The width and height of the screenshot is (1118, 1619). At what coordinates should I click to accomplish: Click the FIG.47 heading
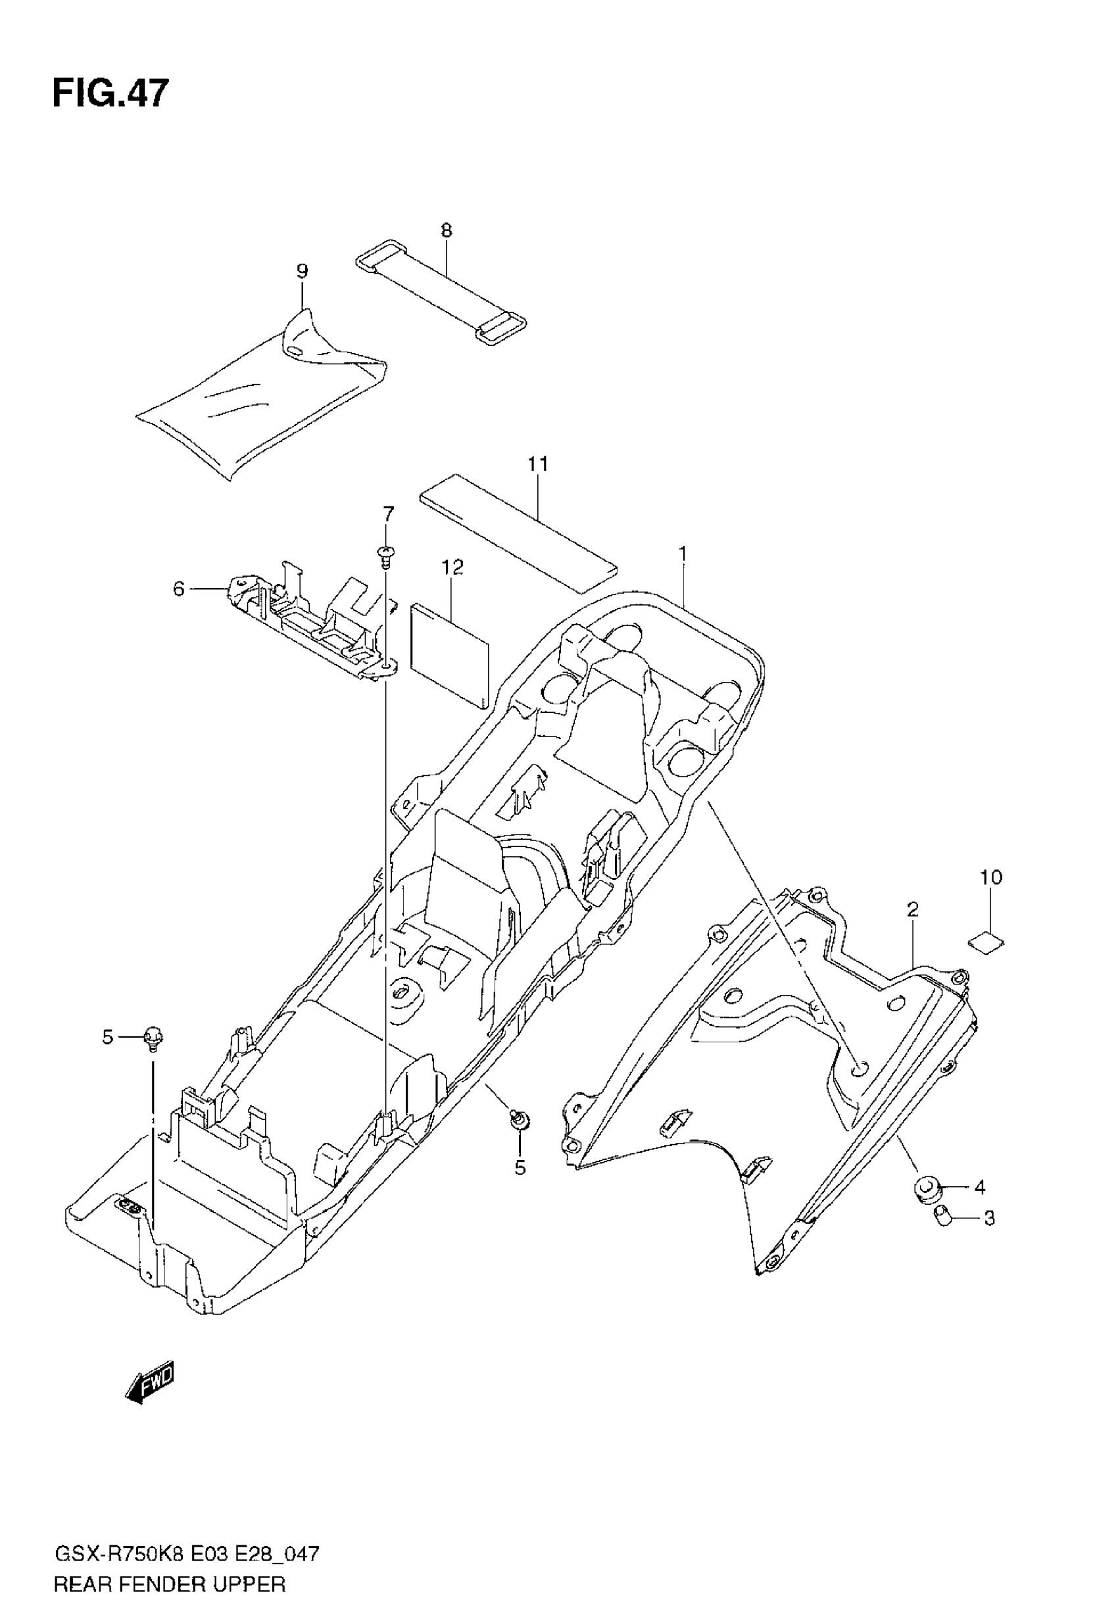pyautogui.click(x=110, y=93)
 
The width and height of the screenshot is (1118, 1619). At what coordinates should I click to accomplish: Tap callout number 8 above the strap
pyautogui.click(x=447, y=230)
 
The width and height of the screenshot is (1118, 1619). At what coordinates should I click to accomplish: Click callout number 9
pyautogui.click(x=302, y=271)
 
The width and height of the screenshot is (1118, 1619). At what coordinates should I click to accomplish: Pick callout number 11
pyautogui.click(x=538, y=464)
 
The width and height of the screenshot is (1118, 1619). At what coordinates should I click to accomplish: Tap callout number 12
pyautogui.click(x=452, y=568)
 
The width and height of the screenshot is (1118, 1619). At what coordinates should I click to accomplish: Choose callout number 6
pyautogui.click(x=179, y=590)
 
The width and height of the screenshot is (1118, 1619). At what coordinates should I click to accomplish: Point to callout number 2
pyautogui.click(x=912, y=909)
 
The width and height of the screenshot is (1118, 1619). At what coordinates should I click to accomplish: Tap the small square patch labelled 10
pyautogui.click(x=986, y=942)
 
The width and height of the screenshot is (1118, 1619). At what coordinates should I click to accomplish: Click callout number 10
pyautogui.click(x=991, y=877)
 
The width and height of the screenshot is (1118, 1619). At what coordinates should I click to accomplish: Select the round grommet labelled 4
pyautogui.click(x=926, y=1187)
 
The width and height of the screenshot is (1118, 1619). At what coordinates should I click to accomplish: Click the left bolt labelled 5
pyautogui.click(x=152, y=1037)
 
